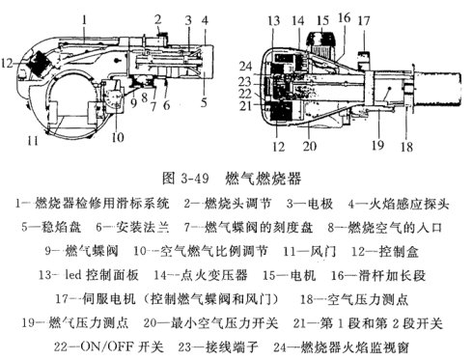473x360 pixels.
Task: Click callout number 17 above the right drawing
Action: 364,21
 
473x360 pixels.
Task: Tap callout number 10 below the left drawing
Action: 118,137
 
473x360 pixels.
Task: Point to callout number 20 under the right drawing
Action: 310,146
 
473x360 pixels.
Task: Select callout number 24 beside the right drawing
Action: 245,67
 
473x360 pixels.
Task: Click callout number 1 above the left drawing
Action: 84,20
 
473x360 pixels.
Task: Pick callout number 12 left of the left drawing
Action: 7,63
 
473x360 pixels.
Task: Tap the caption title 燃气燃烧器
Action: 263,179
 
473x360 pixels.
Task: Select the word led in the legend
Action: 72,275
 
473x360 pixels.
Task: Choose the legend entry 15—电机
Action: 289,275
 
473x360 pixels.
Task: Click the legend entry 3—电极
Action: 310,204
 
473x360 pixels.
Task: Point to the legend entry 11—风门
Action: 310,251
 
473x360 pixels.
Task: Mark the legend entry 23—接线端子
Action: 218,346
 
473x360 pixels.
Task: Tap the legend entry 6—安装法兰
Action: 132,228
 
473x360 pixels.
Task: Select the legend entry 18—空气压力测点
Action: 354,299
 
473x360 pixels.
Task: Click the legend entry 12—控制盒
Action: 385,251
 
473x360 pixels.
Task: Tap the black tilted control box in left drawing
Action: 39,64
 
